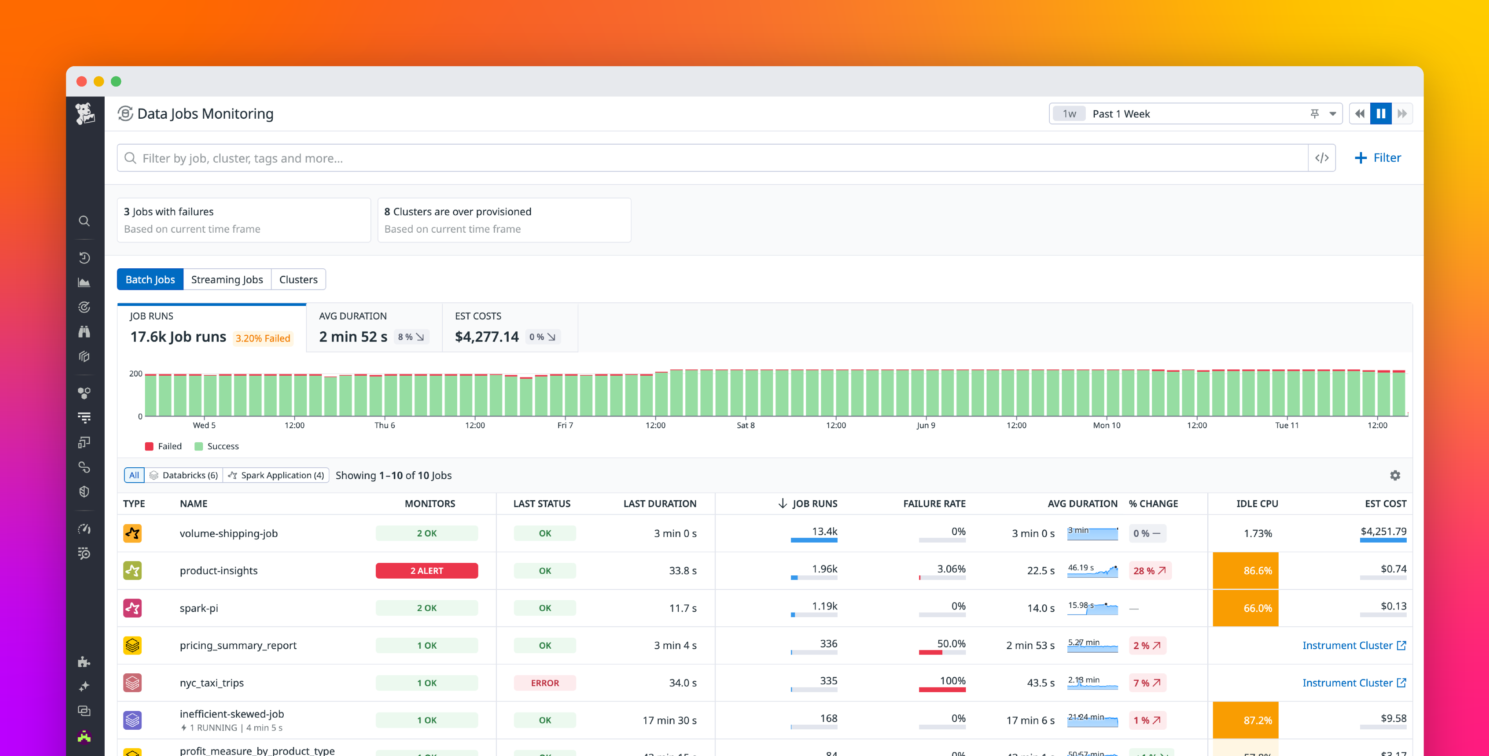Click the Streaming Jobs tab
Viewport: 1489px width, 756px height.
coord(226,279)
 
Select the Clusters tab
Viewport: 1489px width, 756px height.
coord(298,279)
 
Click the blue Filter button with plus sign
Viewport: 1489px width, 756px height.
coord(1378,158)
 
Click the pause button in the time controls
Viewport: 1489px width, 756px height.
coord(1380,114)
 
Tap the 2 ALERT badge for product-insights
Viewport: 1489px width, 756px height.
coord(427,570)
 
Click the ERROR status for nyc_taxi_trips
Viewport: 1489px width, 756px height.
coord(545,683)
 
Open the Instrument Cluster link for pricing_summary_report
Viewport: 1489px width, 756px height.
coord(1353,645)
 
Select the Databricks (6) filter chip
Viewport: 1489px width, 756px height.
coord(184,475)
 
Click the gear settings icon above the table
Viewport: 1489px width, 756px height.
coord(1395,475)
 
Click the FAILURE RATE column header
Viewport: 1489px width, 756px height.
coord(934,503)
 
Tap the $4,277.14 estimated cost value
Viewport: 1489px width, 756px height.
coord(487,336)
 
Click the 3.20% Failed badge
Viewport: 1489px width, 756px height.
coord(263,338)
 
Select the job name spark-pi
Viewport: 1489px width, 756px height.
coord(199,608)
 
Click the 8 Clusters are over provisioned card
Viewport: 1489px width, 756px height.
coord(504,220)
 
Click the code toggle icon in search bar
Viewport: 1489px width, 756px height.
coord(1321,158)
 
